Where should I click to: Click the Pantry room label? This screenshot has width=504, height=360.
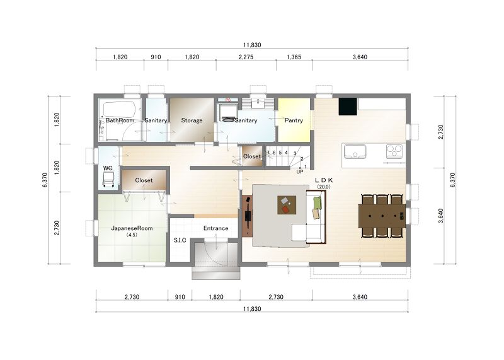(x=294, y=120)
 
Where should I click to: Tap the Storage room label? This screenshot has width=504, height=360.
(x=192, y=120)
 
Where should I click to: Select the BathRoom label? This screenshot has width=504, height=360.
(x=120, y=120)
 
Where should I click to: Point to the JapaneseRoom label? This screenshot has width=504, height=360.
(x=132, y=228)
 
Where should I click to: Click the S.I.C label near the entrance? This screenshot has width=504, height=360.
(x=180, y=240)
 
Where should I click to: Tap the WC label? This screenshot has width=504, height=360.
(x=108, y=168)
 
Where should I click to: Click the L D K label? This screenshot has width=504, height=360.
(x=324, y=180)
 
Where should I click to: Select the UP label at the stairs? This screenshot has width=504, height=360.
(x=300, y=171)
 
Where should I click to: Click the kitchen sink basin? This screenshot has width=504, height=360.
(x=355, y=151)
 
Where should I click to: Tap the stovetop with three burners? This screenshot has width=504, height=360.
(x=394, y=151)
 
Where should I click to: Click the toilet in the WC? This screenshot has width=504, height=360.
(x=108, y=179)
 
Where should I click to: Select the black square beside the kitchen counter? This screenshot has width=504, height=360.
(x=348, y=107)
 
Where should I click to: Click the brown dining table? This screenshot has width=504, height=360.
(x=382, y=216)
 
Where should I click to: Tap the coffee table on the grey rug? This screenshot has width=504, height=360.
(x=287, y=205)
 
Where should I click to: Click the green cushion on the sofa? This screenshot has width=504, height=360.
(x=318, y=202)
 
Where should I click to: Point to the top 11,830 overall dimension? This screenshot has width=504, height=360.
(x=252, y=45)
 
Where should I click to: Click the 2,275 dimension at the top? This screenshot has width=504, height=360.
(x=246, y=57)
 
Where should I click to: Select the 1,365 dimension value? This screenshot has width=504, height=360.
(x=294, y=57)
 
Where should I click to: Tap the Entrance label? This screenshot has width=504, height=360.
(x=215, y=228)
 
